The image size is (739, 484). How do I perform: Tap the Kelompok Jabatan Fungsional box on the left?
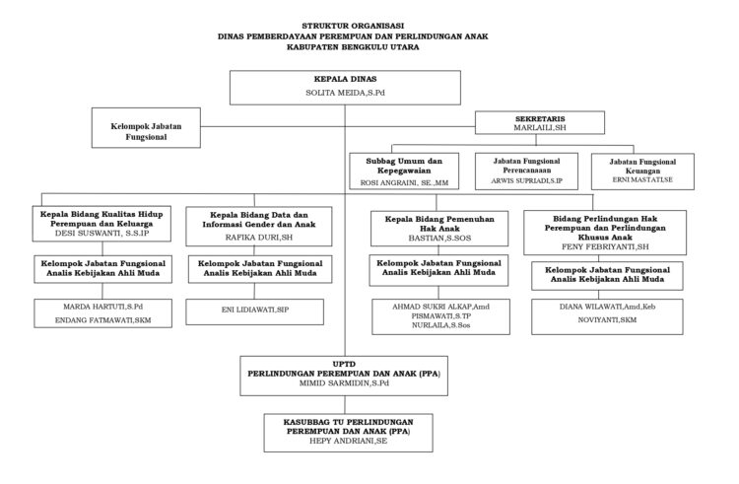pos(158,132)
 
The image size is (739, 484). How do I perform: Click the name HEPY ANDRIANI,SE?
pos(345,444)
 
